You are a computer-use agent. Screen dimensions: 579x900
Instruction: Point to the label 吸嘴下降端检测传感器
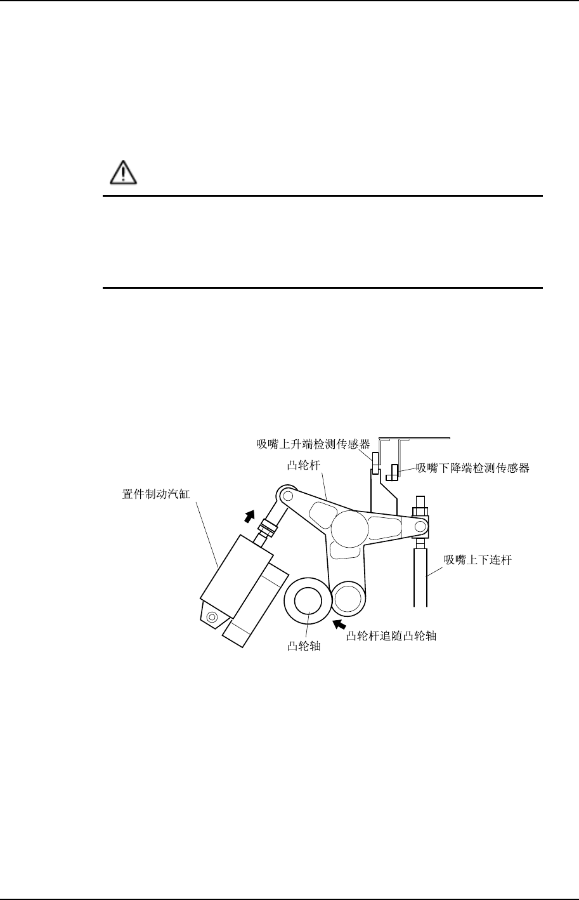point(472,468)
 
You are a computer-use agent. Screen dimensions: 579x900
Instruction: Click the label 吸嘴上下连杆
point(472,559)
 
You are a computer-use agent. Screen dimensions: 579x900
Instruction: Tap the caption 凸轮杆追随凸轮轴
point(391,635)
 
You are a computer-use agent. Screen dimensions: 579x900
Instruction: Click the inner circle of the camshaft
point(308,600)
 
